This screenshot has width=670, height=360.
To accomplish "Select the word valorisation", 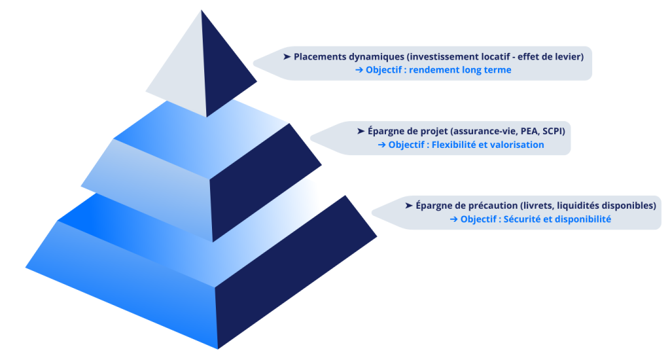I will coord(518,145).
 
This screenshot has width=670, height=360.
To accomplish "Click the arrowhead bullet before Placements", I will coord(287,57).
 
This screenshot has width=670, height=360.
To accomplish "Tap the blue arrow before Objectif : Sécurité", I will coord(453,219).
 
